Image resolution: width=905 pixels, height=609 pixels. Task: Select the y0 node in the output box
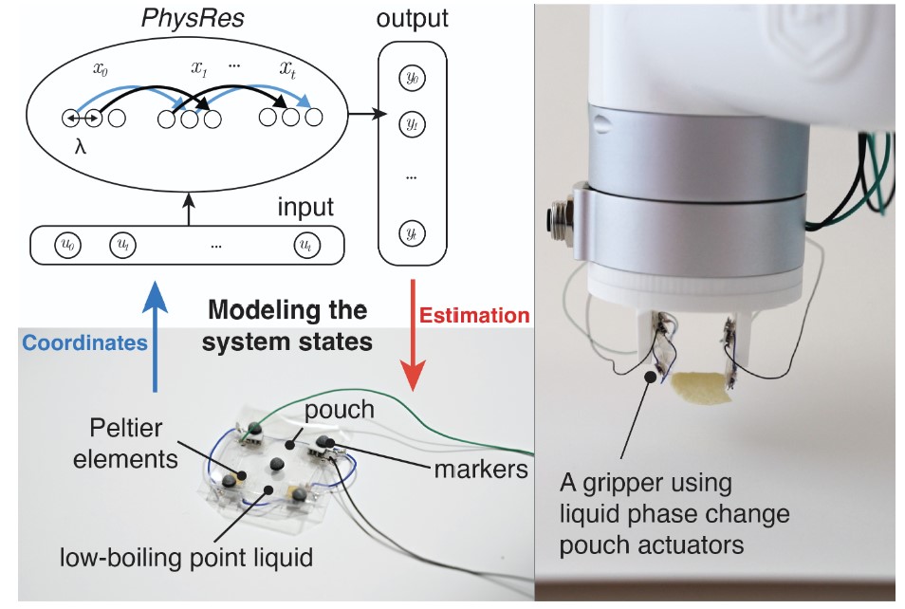[x=410, y=80]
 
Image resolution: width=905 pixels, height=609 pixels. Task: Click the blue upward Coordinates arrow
[x=153, y=341]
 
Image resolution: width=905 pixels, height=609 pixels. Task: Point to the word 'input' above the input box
[x=305, y=206]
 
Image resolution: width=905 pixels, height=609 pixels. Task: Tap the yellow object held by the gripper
[x=699, y=388]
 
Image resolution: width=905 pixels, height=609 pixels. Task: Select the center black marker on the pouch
[x=277, y=464]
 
